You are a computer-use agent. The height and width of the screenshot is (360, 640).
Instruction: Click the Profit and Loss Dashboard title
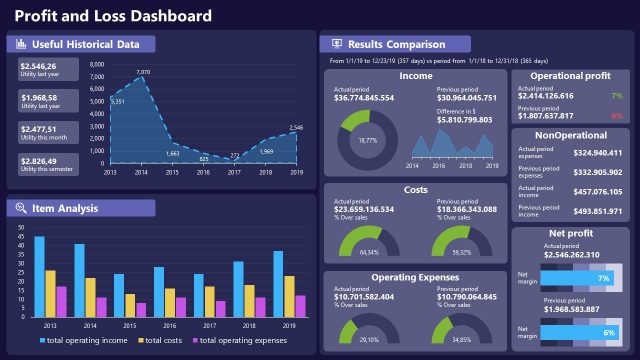(x=113, y=15)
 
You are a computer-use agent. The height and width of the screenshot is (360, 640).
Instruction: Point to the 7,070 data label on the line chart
(x=143, y=73)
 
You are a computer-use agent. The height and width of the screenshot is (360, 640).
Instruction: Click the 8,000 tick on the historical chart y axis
(x=97, y=65)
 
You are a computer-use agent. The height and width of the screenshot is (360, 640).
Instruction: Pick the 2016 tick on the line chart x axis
(x=203, y=172)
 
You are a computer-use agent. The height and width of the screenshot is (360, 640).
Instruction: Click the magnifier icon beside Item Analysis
(x=21, y=208)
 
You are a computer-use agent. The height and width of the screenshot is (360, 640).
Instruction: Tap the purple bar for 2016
(x=180, y=305)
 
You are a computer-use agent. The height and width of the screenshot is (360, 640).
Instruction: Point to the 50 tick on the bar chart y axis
(x=21, y=227)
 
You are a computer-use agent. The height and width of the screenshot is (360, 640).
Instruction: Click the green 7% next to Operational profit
(x=617, y=96)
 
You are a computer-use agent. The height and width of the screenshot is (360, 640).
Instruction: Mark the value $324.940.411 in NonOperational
(x=599, y=153)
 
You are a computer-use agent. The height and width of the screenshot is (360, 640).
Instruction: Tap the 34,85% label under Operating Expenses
(x=462, y=340)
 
